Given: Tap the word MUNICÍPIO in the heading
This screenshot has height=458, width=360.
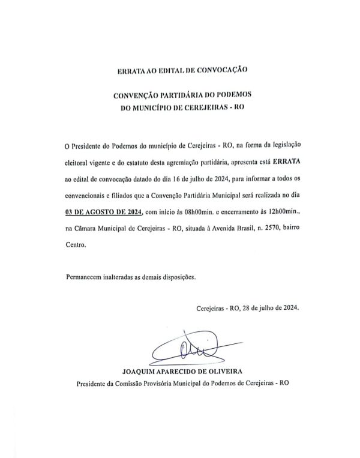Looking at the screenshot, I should (x=155, y=107).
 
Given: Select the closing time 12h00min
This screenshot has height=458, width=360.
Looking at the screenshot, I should (x=277, y=212).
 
